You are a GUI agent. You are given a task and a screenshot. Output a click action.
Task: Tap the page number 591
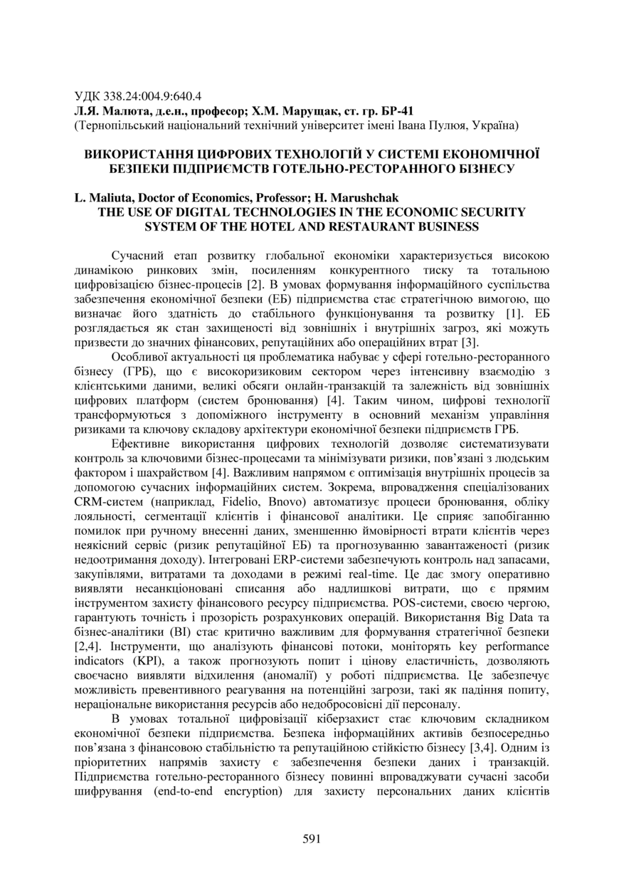(312, 838)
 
